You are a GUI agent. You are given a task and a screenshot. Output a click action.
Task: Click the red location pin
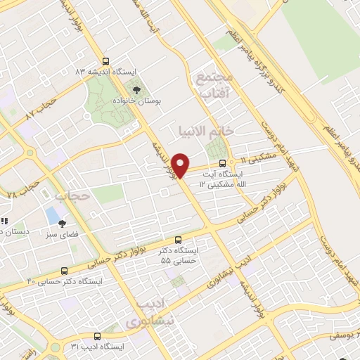pyautogui.click(x=181, y=165)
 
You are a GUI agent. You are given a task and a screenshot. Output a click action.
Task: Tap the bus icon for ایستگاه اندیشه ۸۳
pyautogui.click(x=105, y=61)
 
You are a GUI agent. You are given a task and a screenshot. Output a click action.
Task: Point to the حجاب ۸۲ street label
pyautogui.click(x=40, y=110)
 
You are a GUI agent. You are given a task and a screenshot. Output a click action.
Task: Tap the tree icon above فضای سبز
pyautogui.click(x=62, y=222)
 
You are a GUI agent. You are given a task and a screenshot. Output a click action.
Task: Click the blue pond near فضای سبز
pyautogui.click(x=52, y=213)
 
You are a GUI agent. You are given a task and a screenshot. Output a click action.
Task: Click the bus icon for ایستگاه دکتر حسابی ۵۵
pyautogui.click(x=178, y=240)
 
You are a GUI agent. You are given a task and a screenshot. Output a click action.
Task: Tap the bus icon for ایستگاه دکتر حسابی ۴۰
pyautogui.click(x=65, y=270)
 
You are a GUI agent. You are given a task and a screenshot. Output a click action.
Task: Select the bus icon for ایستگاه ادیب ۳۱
pyautogui.click(x=97, y=336)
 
